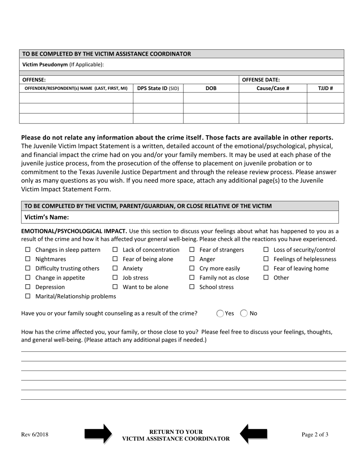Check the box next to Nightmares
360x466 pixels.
click(28, 259)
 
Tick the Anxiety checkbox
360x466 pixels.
click(115, 269)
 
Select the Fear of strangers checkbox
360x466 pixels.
click(192, 250)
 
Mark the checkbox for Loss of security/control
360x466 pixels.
click(266, 250)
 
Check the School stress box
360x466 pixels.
click(192, 287)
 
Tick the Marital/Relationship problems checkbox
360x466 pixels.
click(28, 297)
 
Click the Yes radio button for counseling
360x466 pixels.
click(220, 313)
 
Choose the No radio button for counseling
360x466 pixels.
click(244, 313)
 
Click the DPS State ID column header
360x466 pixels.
click(158, 88)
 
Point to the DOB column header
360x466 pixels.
click(211, 88)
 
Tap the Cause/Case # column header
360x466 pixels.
click(272, 88)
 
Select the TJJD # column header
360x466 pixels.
click(325, 88)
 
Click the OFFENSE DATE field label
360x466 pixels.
click(261, 80)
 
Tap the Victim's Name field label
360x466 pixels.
click(47, 217)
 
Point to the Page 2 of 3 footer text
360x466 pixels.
click(315, 435)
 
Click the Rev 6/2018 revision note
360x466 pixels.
click(34, 435)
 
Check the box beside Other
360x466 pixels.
click(266, 278)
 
